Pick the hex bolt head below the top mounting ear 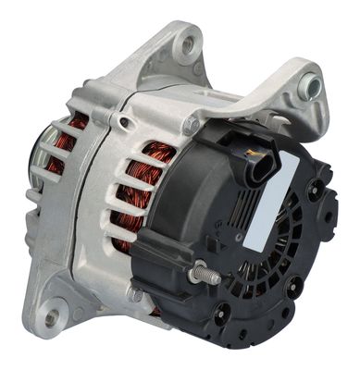(191, 124)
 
